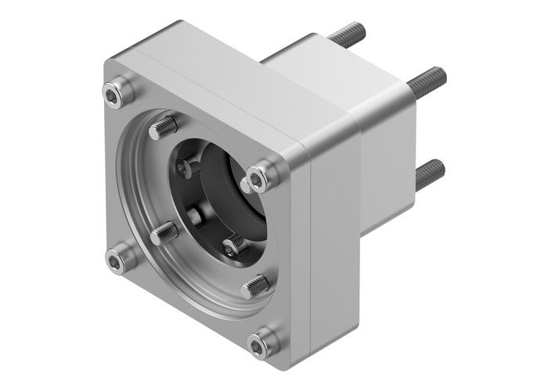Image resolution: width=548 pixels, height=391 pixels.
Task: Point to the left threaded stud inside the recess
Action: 164,232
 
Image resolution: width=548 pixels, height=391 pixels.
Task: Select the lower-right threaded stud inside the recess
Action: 254,287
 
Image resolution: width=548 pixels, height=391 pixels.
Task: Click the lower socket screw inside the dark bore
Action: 232,248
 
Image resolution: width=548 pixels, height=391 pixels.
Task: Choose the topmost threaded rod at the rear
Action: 344,35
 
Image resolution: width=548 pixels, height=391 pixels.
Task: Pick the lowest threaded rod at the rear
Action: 429,173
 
